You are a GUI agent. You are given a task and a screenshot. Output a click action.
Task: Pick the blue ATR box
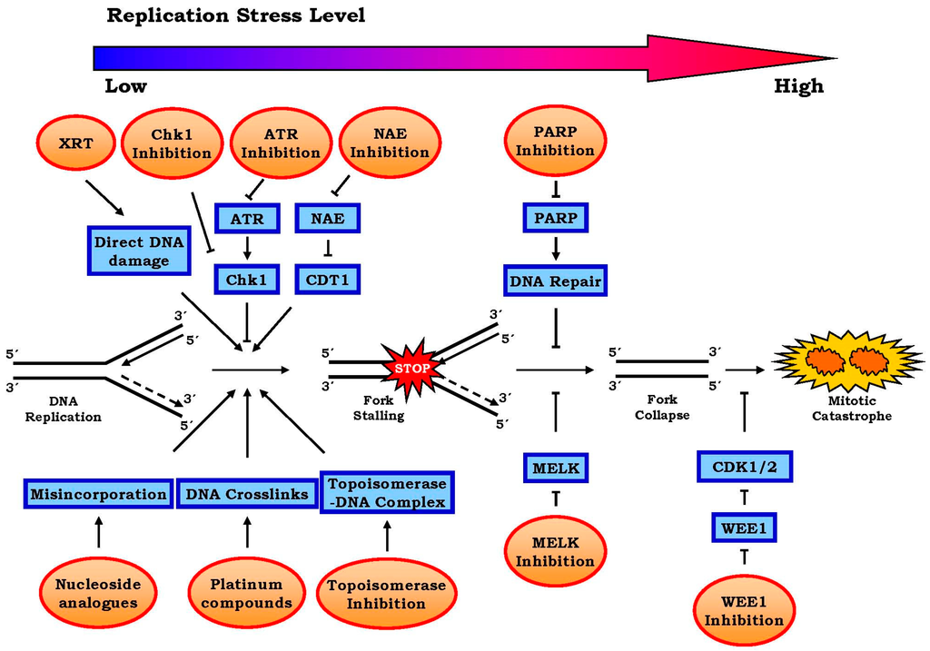(246, 218)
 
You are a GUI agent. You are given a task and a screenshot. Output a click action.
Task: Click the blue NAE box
(328, 218)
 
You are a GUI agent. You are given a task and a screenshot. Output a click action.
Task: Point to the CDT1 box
(328, 279)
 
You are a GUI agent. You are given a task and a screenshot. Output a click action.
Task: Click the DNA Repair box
(555, 281)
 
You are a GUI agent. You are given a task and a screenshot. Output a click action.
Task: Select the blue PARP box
(555, 219)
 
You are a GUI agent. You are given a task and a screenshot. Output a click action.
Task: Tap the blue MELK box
(555, 468)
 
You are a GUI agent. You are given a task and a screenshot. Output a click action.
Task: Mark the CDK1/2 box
(745, 468)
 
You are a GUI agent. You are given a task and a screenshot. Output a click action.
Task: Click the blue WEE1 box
(745, 527)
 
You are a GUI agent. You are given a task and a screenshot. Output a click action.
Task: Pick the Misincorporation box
(98, 494)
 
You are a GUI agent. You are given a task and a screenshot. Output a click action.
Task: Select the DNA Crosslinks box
(246, 494)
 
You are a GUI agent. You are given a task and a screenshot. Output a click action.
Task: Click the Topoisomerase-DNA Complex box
(387, 493)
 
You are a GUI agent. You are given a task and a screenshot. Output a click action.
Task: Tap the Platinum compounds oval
(246, 594)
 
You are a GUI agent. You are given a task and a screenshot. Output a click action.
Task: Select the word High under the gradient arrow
(798, 86)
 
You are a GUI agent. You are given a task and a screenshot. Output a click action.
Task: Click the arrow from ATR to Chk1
(246, 248)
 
